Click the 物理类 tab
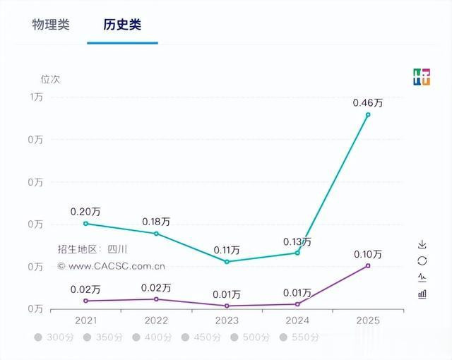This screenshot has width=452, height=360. (51, 25)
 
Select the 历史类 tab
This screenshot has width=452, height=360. (122, 25)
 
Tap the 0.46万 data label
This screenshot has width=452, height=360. (367, 103)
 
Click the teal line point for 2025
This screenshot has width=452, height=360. (368, 114)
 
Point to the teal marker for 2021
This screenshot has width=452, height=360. (85, 224)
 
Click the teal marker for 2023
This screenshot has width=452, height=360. (227, 262)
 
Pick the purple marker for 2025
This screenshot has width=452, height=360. (368, 265)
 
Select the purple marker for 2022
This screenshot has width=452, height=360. (156, 299)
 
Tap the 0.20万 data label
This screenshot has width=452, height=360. (85, 212)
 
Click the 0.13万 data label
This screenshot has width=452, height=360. (297, 241)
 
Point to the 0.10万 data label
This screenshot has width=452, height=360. (367, 254)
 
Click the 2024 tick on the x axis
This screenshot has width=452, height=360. (297, 320)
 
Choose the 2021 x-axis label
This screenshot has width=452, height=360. (85, 320)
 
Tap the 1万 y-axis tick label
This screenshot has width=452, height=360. (36, 97)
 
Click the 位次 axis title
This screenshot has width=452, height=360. (50, 79)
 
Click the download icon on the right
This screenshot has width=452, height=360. (422, 245)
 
